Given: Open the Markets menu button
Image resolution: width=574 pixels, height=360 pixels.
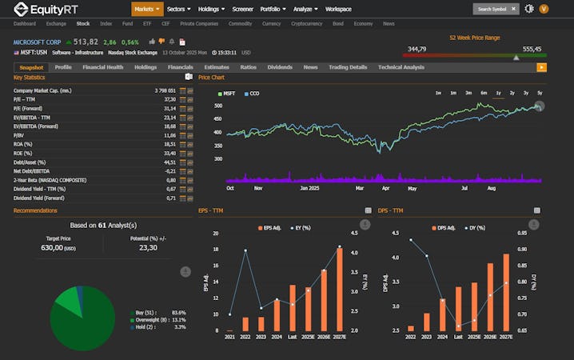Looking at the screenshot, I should point(147,9).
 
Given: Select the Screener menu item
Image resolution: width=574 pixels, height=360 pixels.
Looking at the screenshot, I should point(242,9).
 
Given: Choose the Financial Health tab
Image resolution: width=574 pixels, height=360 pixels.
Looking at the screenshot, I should point(102,67).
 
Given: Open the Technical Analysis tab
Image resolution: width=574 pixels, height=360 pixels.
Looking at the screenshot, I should point(401,67).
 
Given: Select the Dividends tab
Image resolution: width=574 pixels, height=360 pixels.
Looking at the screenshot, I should point(280,67).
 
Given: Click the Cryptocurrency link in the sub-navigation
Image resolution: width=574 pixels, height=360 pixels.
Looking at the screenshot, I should point(306,24).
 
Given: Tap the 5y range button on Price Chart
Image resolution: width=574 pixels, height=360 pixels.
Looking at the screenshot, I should point(540,93).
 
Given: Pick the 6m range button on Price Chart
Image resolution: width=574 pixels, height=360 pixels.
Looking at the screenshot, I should point(484,93).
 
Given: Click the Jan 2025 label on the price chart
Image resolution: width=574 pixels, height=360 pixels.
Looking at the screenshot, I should point(309,189).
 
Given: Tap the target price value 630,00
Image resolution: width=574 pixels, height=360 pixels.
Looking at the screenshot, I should point(58,248).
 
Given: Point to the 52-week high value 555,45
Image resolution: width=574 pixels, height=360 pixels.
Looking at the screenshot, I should point(532,49).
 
